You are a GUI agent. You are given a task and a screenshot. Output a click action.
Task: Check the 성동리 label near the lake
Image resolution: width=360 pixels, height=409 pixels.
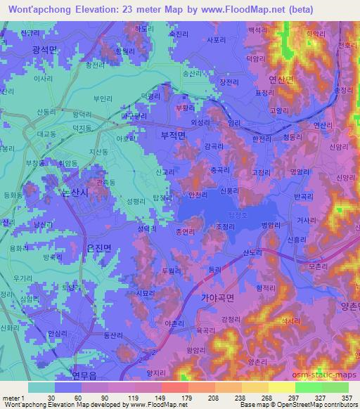[x=146, y=228]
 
